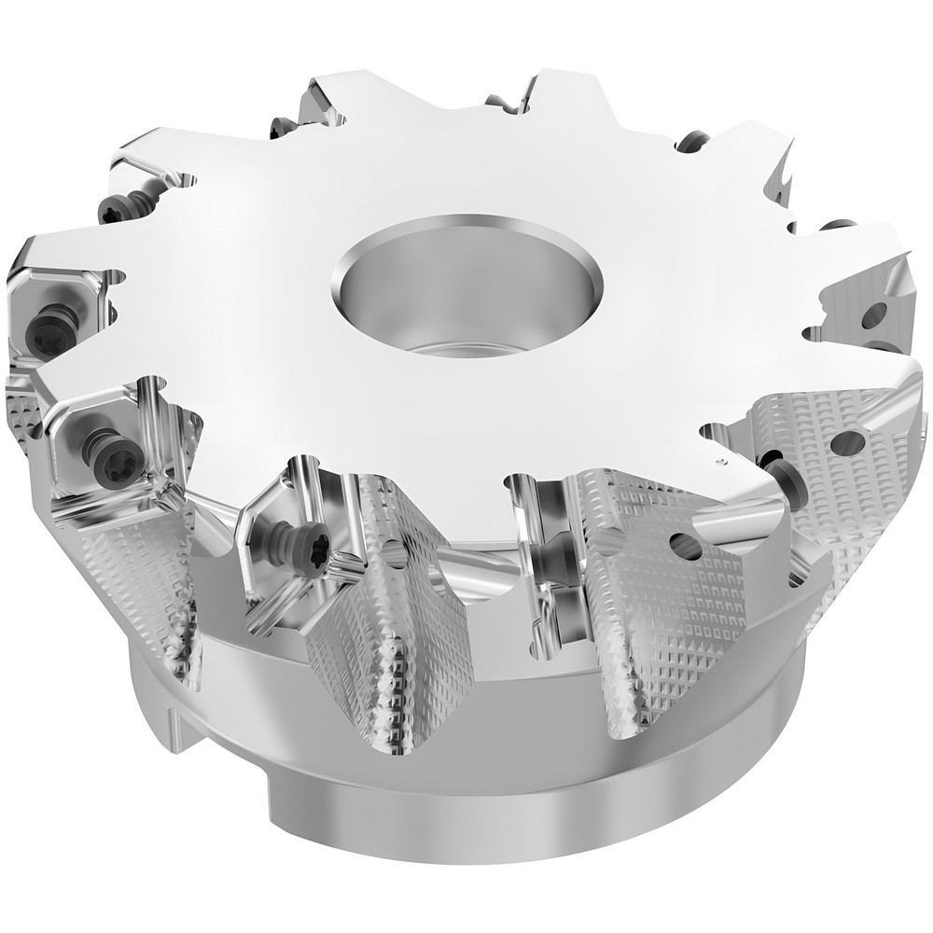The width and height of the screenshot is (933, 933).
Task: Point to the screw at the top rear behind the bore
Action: (x=281, y=128)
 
